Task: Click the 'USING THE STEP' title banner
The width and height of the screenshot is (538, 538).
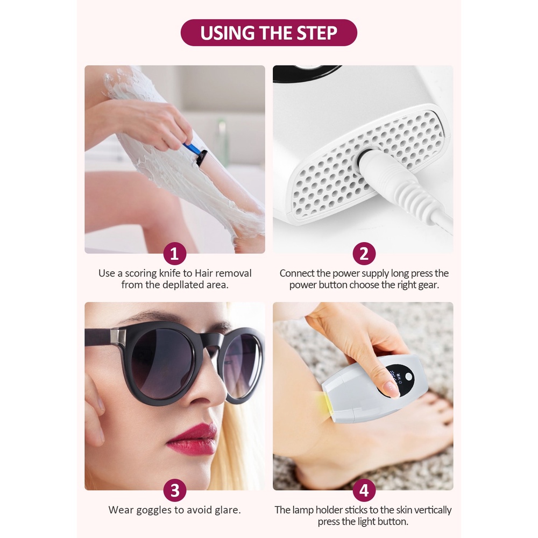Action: (x=268, y=33)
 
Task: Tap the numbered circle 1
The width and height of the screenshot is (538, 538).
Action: (x=175, y=253)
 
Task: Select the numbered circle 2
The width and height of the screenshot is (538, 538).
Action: (x=364, y=253)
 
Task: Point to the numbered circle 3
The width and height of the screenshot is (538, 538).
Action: (x=175, y=490)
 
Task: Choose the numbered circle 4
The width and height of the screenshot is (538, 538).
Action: (x=364, y=490)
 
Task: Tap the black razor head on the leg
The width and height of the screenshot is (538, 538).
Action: (x=201, y=158)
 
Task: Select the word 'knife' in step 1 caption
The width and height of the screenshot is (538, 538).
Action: (x=170, y=273)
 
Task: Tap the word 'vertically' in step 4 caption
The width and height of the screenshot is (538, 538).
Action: (x=433, y=510)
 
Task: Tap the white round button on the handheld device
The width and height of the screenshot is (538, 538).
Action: (x=408, y=377)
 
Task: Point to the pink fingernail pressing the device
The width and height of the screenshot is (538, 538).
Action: (x=391, y=390)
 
